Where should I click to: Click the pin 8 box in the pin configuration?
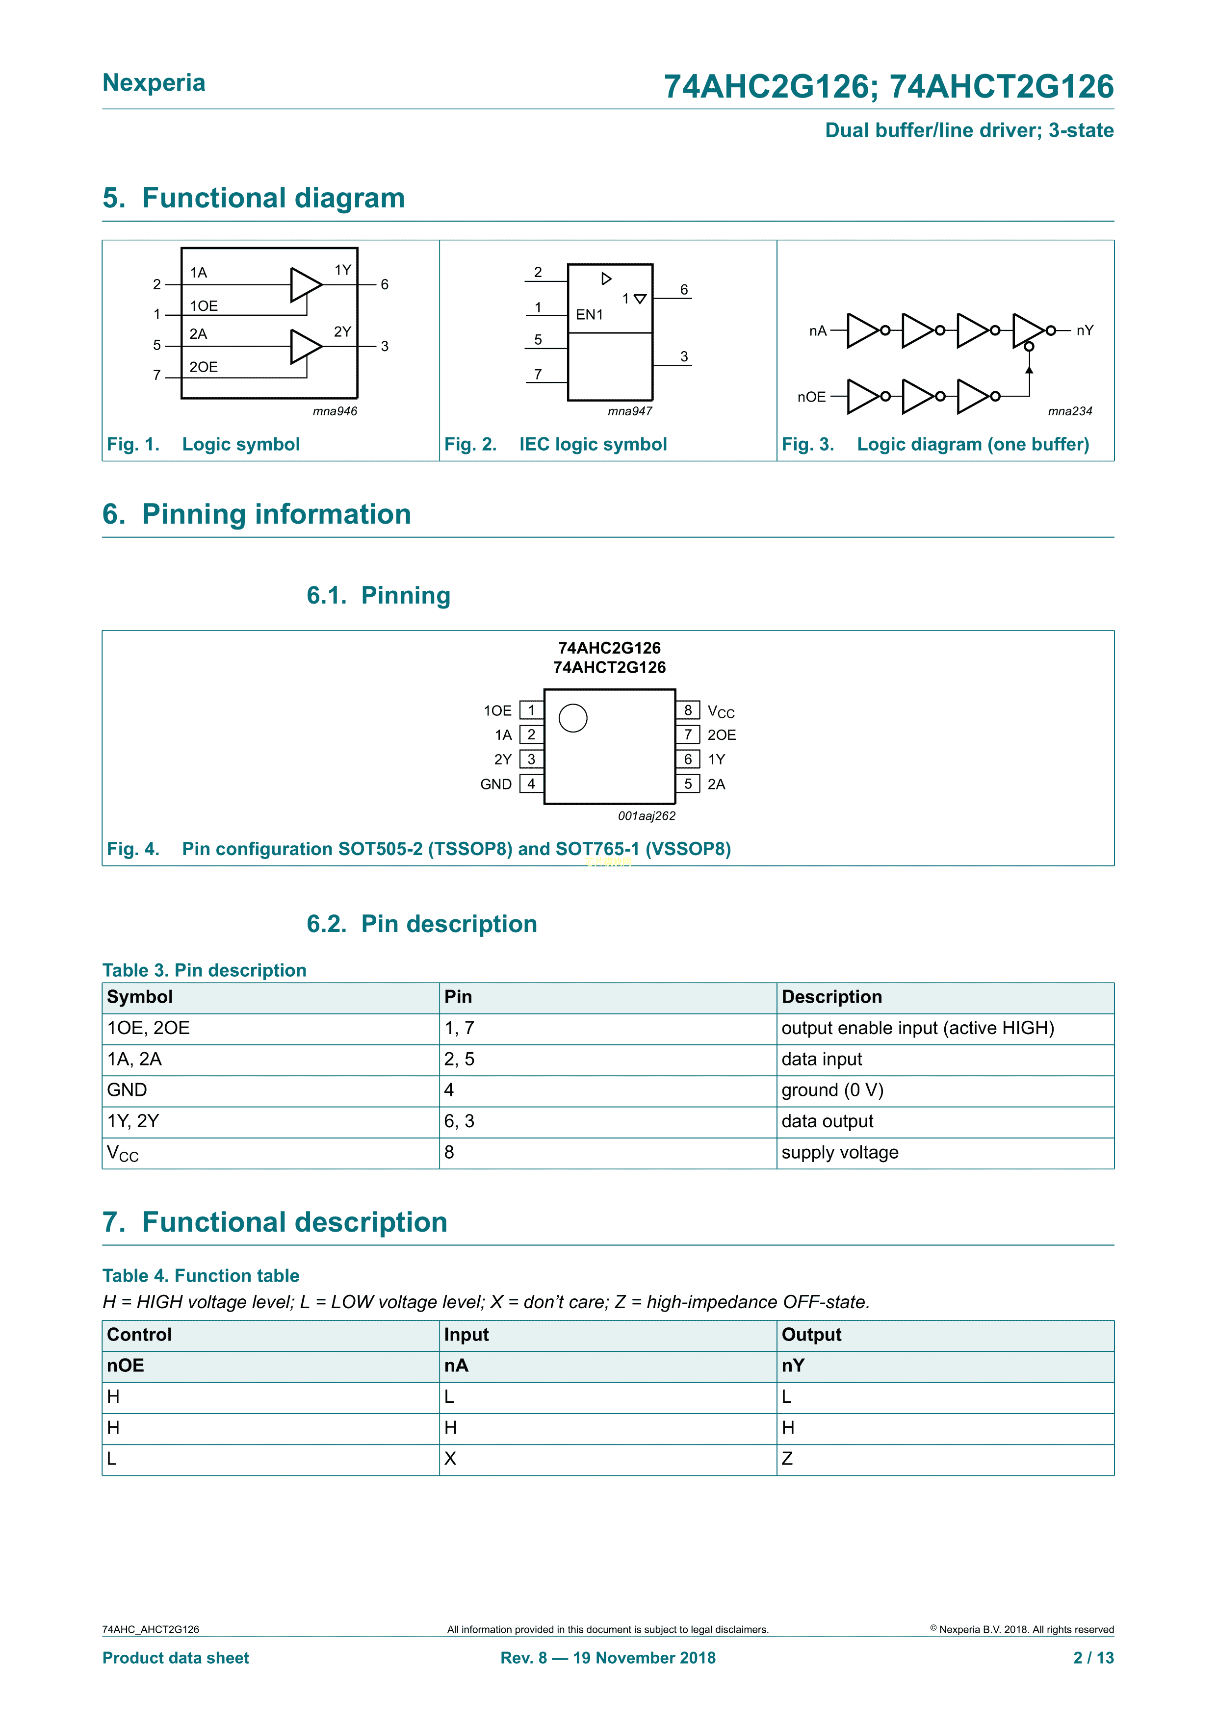[687, 710]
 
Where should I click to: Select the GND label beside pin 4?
[495, 784]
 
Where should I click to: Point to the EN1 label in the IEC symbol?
[589, 315]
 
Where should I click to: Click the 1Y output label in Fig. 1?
[342, 270]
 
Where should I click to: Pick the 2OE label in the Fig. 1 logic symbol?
[203, 367]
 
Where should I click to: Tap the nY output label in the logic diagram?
[1085, 330]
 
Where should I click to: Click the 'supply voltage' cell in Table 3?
[839, 1152]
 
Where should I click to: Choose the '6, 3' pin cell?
[459, 1121]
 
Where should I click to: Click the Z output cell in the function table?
[787, 1459]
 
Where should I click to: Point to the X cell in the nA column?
[450, 1459]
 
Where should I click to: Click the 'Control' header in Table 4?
[139, 1335]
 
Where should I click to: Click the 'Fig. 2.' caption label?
[470, 444]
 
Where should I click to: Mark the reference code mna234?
[1069, 411]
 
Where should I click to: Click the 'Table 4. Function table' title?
[201, 1276]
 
